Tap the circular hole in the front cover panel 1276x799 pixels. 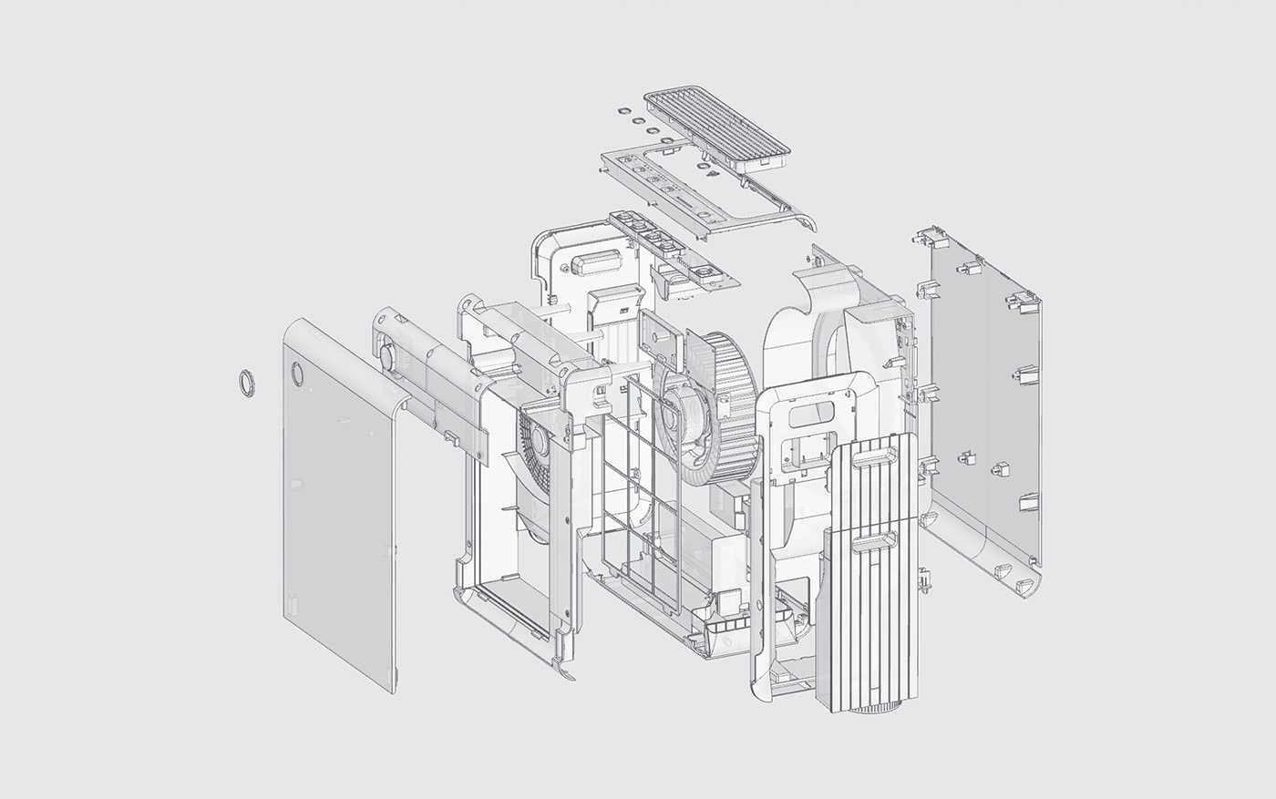(x=299, y=373)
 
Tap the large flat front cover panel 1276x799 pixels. (x=342, y=510)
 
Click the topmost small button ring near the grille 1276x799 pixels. (x=623, y=109)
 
